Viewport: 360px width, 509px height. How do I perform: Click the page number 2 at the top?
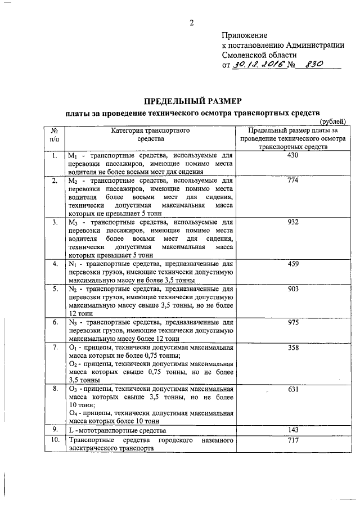tap(191, 22)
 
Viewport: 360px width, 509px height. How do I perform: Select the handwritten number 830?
tap(313, 65)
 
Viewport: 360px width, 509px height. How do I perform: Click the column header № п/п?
tap(54, 134)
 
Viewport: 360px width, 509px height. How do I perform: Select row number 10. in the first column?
tap(54, 440)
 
